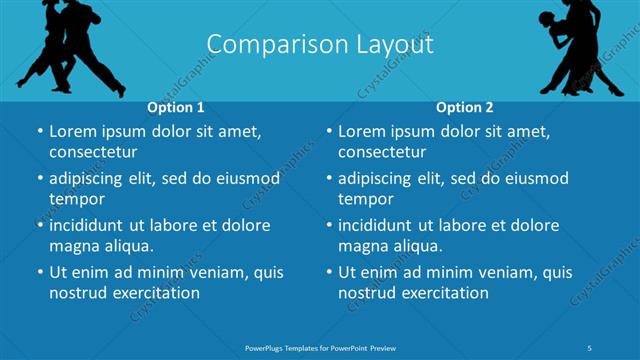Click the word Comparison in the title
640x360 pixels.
coord(265,45)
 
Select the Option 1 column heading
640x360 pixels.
coord(176,107)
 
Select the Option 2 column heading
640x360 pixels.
coord(465,107)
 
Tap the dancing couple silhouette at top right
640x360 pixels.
coord(580,45)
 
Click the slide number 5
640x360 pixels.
coord(590,347)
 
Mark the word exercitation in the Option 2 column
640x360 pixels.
coord(443,293)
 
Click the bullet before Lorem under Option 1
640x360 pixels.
coord(40,131)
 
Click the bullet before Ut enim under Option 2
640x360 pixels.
coord(329,272)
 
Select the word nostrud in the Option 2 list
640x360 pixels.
coord(366,293)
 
